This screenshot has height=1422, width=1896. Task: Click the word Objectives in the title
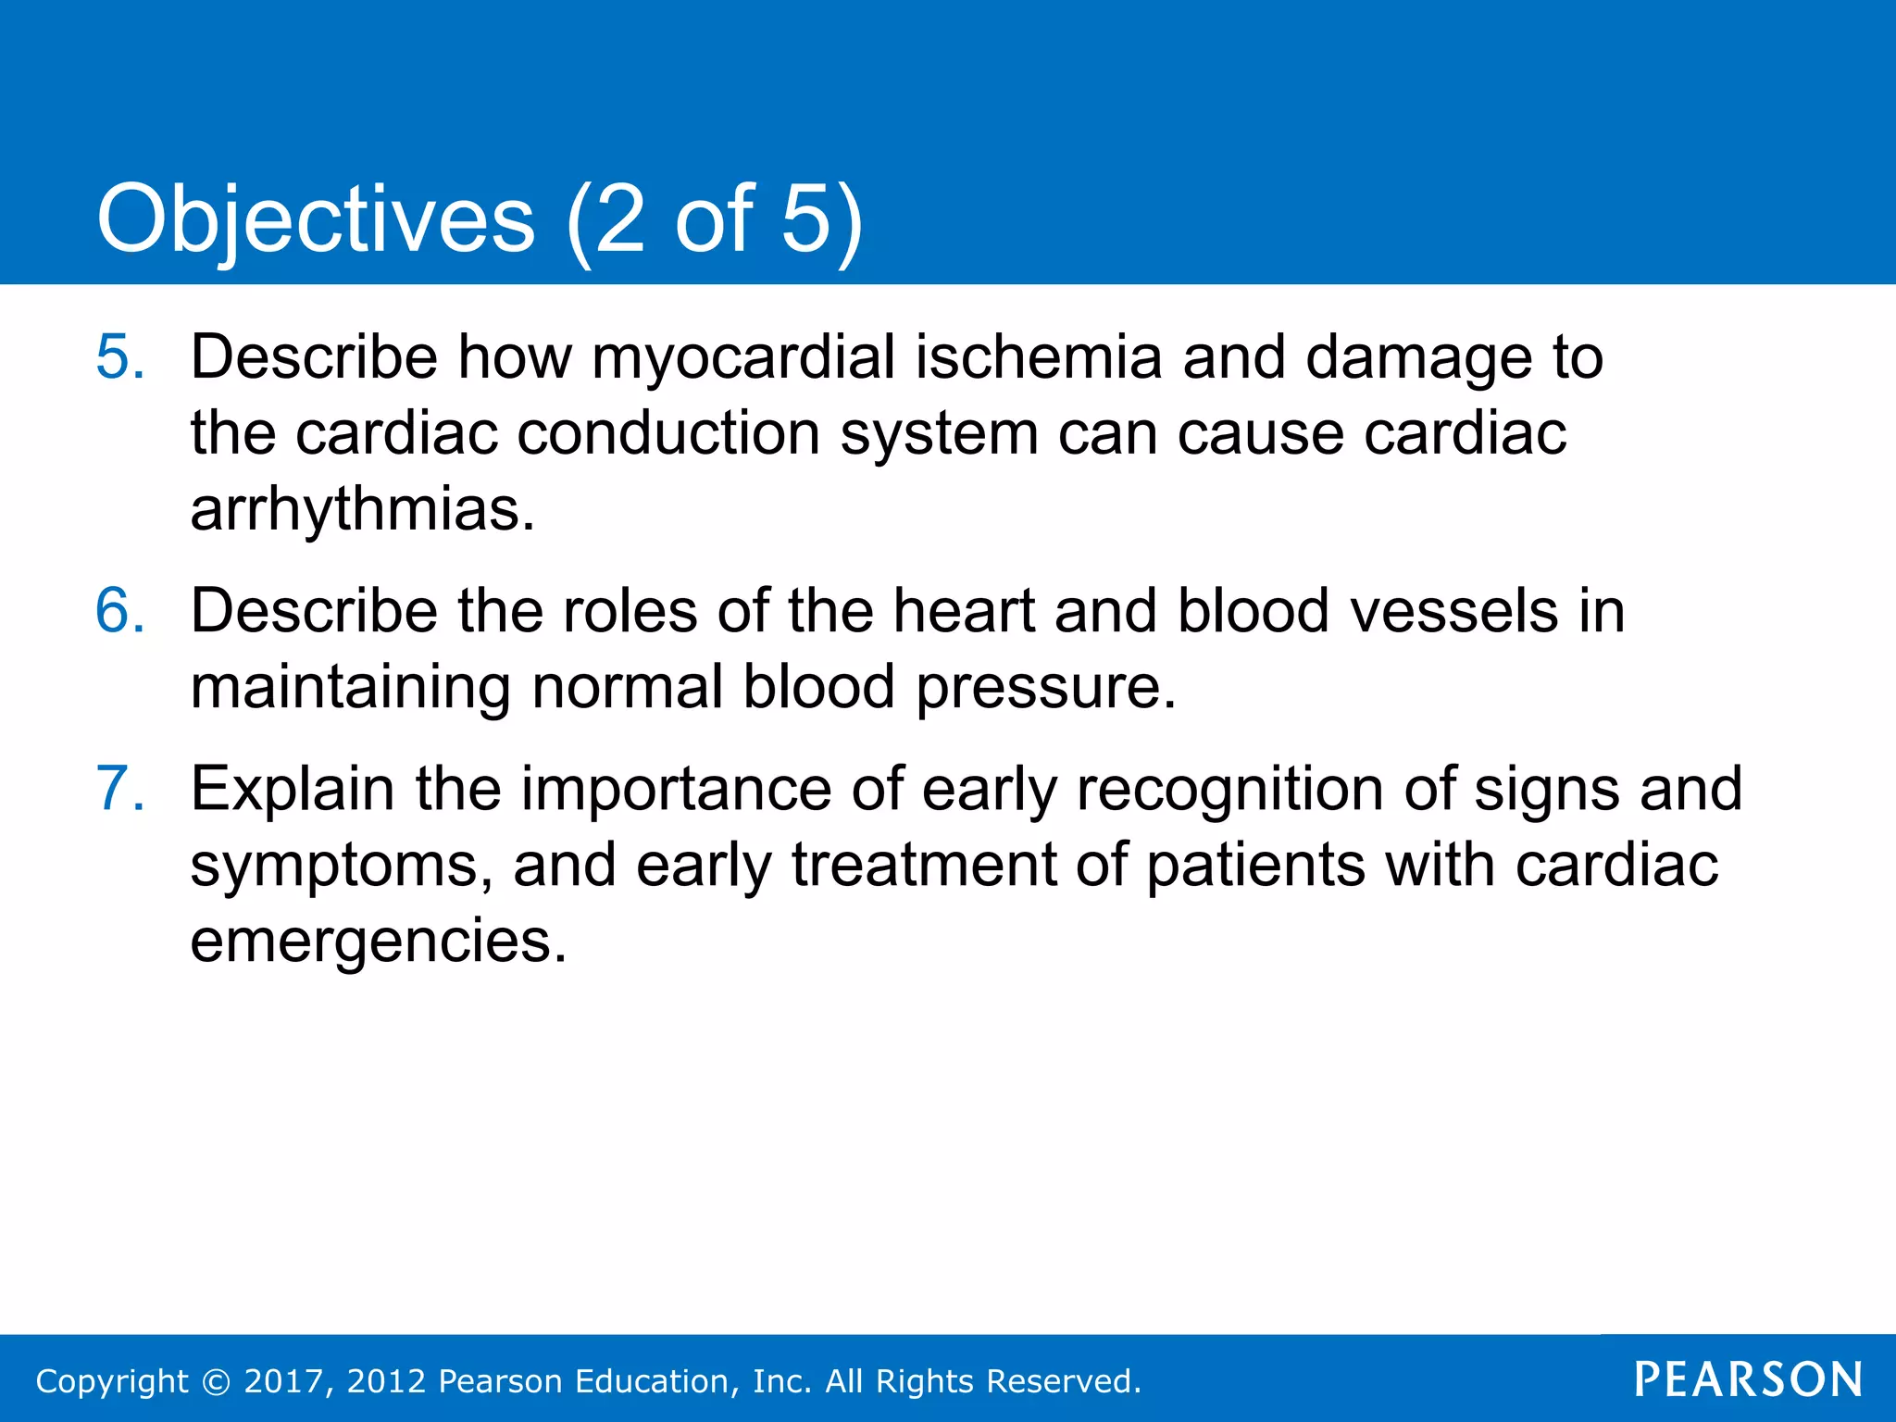coord(315,219)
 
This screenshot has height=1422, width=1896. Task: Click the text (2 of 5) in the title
coord(714,219)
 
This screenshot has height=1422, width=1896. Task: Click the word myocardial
coord(742,358)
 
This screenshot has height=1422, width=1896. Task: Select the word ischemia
coord(1038,356)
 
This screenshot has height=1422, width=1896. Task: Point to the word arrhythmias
coord(362,509)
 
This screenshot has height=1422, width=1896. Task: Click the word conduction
coord(667,433)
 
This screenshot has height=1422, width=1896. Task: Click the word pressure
coord(1045,689)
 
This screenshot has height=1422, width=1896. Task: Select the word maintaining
coord(350,689)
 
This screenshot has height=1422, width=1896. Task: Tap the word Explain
coord(292,790)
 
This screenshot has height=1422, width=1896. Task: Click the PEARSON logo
coord(1748,1379)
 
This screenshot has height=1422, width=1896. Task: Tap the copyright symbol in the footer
coord(216,1381)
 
